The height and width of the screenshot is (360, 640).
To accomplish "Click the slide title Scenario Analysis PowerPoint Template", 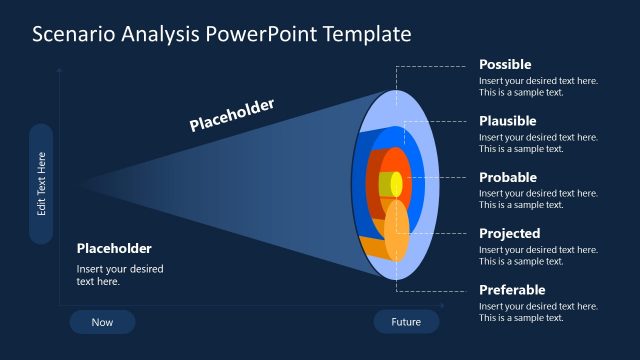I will pos(221,34).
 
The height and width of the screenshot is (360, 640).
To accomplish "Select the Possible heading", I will pos(505,64).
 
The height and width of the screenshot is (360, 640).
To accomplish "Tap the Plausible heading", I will pos(507,121).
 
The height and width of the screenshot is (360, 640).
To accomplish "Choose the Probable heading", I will pos(508,177).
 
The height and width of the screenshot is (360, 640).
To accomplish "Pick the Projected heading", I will pos(509,233).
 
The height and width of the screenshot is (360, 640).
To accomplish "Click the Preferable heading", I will pos(512,290).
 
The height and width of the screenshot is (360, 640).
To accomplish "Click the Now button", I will pos(102,322).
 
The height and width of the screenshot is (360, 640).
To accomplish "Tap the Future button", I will pos(406,322).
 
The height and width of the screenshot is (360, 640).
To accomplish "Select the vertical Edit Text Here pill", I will pos(41,184).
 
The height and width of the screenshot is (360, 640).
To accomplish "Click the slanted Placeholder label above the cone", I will pos(232,115).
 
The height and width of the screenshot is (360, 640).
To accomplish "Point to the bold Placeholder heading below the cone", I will pos(114,248).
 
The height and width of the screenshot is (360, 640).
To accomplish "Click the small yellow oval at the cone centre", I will pos(396,184).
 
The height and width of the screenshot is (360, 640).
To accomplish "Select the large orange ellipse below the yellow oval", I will pos(397,232).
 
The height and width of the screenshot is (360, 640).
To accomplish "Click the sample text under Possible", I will pos(538,86).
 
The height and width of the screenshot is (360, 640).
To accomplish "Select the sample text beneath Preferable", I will pos(538,312).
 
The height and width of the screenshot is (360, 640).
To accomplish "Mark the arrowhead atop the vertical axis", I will pos(60,70).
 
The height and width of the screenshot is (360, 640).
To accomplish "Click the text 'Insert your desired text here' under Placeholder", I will pos(119,275).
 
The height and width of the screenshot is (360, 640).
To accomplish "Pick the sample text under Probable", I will pos(538,199).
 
